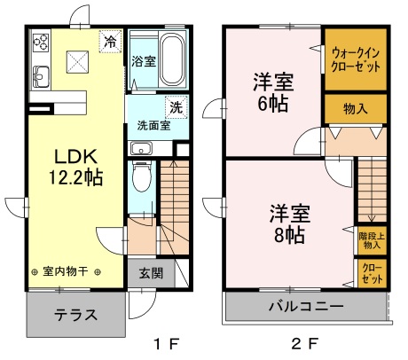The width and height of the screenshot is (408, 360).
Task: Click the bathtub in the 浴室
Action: click(x=172, y=59)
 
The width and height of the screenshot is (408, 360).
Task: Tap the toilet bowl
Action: click(x=142, y=176)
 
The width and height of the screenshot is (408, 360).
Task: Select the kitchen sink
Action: click(x=41, y=77)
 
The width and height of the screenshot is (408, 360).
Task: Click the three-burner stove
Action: click(x=41, y=43)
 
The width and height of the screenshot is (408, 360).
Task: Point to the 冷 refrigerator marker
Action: click(x=110, y=42)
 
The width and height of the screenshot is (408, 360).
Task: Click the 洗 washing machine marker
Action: click(x=177, y=107)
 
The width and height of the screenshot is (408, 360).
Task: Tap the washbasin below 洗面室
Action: click(x=142, y=148)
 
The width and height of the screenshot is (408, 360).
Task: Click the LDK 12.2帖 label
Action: click(x=75, y=167)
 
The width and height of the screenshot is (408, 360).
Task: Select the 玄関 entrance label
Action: click(x=151, y=273)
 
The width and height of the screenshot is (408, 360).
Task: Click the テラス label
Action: click(x=76, y=315)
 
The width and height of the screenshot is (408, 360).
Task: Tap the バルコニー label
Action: click(x=306, y=306)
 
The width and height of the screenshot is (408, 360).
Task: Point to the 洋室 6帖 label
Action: click(x=273, y=92)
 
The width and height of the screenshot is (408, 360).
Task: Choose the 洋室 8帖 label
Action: click(x=290, y=223)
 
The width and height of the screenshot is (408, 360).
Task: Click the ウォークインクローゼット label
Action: click(x=356, y=60)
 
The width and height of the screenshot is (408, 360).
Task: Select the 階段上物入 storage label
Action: click(x=372, y=240)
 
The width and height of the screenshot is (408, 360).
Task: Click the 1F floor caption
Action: click(x=167, y=344)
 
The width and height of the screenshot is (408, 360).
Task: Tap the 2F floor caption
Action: click(x=305, y=344)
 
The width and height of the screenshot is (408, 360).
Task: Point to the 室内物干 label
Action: click(x=66, y=271)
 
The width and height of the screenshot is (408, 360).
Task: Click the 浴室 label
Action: click(x=144, y=61)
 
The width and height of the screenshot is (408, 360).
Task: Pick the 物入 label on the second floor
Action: click(x=356, y=109)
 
